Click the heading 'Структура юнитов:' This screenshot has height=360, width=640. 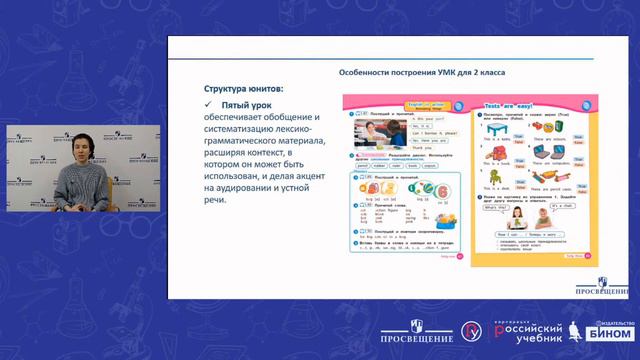click(x=243, y=89)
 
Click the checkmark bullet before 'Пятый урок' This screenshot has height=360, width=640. click(x=208, y=105)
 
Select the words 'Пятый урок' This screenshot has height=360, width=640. click(x=247, y=105)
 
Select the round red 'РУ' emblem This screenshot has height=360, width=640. click(x=468, y=334)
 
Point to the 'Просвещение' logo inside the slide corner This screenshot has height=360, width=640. click(x=596, y=284)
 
